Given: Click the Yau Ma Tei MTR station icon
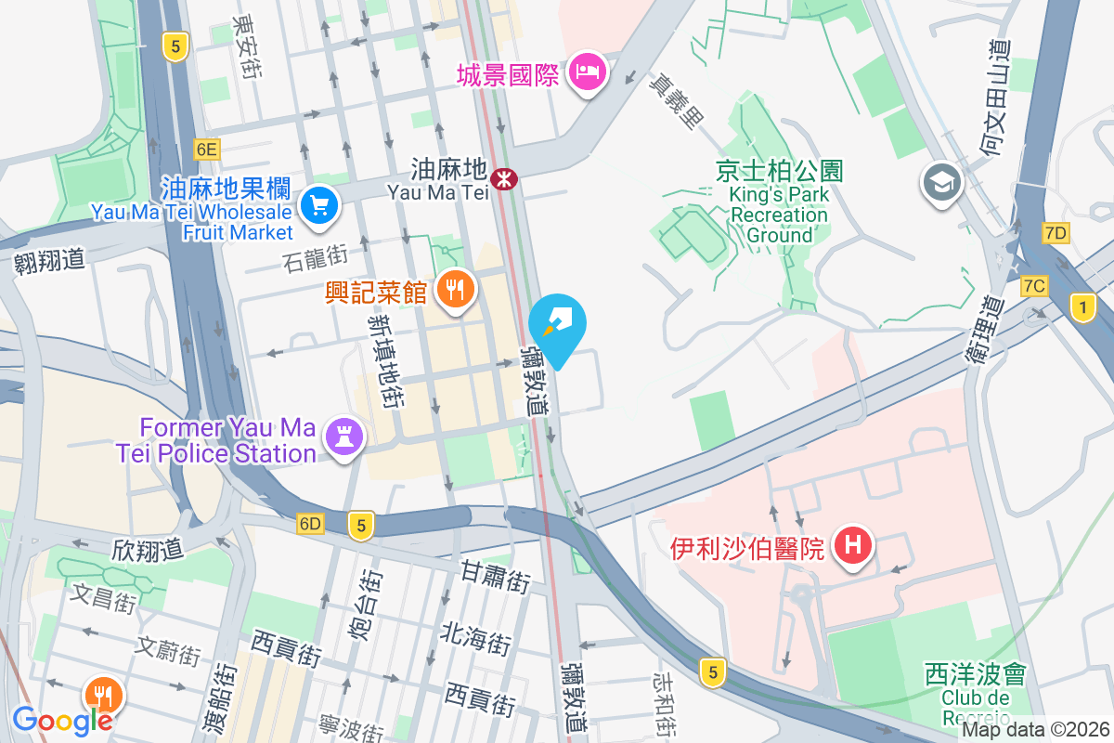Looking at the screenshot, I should (x=505, y=178).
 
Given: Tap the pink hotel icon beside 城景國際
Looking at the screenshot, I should (x=588, y=72).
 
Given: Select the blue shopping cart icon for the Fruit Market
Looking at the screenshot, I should (x=319, y=205).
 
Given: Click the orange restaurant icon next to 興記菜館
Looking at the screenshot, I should (x=454, y=291).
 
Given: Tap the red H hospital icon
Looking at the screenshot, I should (x=852, y=546).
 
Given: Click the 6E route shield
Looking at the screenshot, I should (x=206, y=149).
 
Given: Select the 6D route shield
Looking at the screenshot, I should (x=310, y=524).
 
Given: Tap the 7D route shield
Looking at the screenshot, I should (x=1056, y=233).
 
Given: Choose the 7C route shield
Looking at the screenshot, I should (x=1034, y=286).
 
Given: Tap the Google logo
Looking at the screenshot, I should (x=62, y=720).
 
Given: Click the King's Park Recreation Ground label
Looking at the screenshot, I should (x=780, y=204).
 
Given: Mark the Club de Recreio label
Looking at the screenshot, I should (x=975, y=697).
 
